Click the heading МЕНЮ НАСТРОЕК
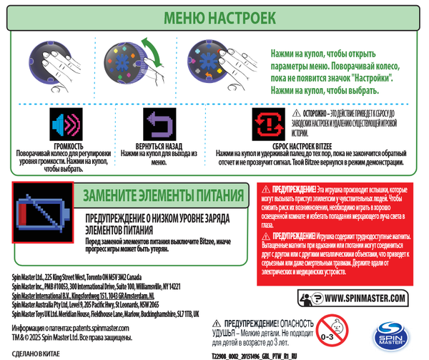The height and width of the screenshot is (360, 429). [x=214, y=17]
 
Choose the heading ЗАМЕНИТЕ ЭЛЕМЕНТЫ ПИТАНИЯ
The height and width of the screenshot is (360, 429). [x=167, y=195]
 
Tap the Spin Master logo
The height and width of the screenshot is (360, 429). [x=390, y=334]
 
